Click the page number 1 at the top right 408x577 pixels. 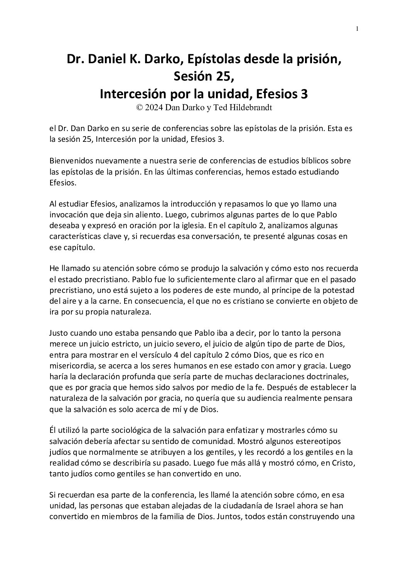pos(357,28)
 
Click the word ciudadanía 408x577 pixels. pos(242,505)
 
